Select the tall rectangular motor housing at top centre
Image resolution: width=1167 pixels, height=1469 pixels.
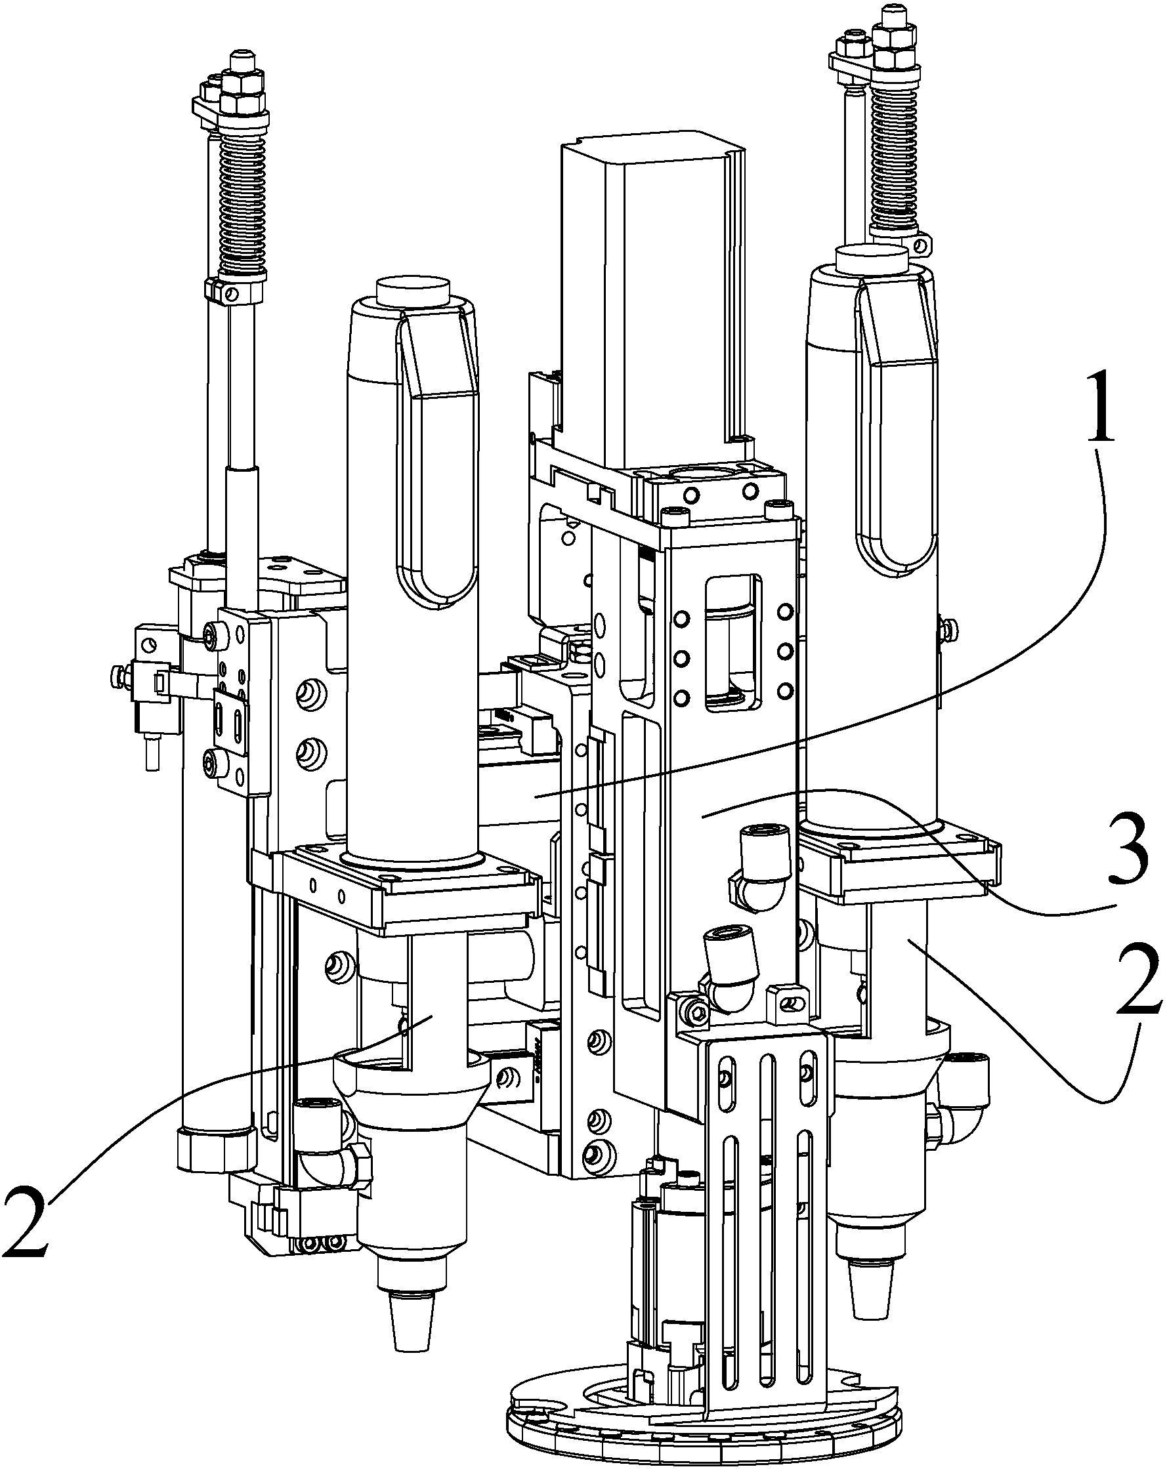[x=652, y=300]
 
